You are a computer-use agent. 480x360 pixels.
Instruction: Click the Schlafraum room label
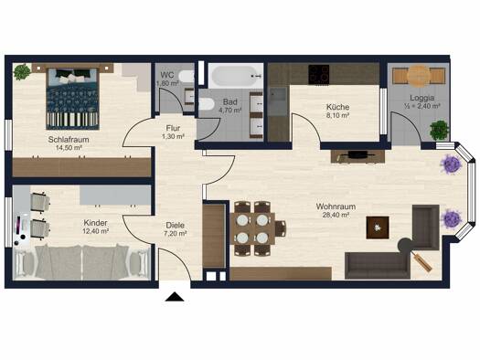pyautogui.click(x=69, y=140)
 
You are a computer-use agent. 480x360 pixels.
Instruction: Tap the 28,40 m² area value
pyautogui.click(x=336, y=215)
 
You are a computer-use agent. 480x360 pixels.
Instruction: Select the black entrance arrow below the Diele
pyautogui.click(x=175, y=297)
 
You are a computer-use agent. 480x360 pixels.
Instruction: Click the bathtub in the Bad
pyautogui.click(x=236, y=76)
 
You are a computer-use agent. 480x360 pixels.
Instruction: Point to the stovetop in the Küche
pyautogui.click(x=319, y=74)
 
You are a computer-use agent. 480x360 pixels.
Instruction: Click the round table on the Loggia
pyautogui.click(x=419, y=75)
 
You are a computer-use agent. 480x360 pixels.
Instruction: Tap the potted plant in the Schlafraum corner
pyautogui.click(x=22, y=72)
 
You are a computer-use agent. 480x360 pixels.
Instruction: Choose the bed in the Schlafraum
pyautogui.click(x=72, y=98)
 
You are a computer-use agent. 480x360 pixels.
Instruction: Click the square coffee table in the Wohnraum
pyautogui.click(x=378, y=228)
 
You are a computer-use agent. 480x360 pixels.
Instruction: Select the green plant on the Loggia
pyautogui.click(x=439, y=131)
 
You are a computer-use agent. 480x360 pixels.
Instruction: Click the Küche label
pyautogui.click(x=337, y=107)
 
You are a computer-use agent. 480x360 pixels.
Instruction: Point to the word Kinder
pyautogui.click(x=95, y=222)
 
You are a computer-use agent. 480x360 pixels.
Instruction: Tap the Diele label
pyautogui.click(x=176, y=225)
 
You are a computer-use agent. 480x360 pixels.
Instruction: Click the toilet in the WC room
pyautogui.click(x=187, y=76)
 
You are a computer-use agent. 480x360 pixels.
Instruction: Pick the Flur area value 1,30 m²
pyautogui.click(x=173, y=136)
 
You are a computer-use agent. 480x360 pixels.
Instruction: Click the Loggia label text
pyautogui.click(x=422, y=98)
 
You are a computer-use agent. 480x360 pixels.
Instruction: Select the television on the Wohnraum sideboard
pyautogui.click(x=357, y=155)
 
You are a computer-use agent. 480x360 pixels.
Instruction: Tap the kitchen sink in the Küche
pyautogui.click(x=278, y=95)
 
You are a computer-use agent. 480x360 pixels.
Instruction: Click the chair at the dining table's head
pyautogui.click(x=281, y=228)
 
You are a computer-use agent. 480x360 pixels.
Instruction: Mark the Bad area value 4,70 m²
pyautogui.click(x=229, y=111)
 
